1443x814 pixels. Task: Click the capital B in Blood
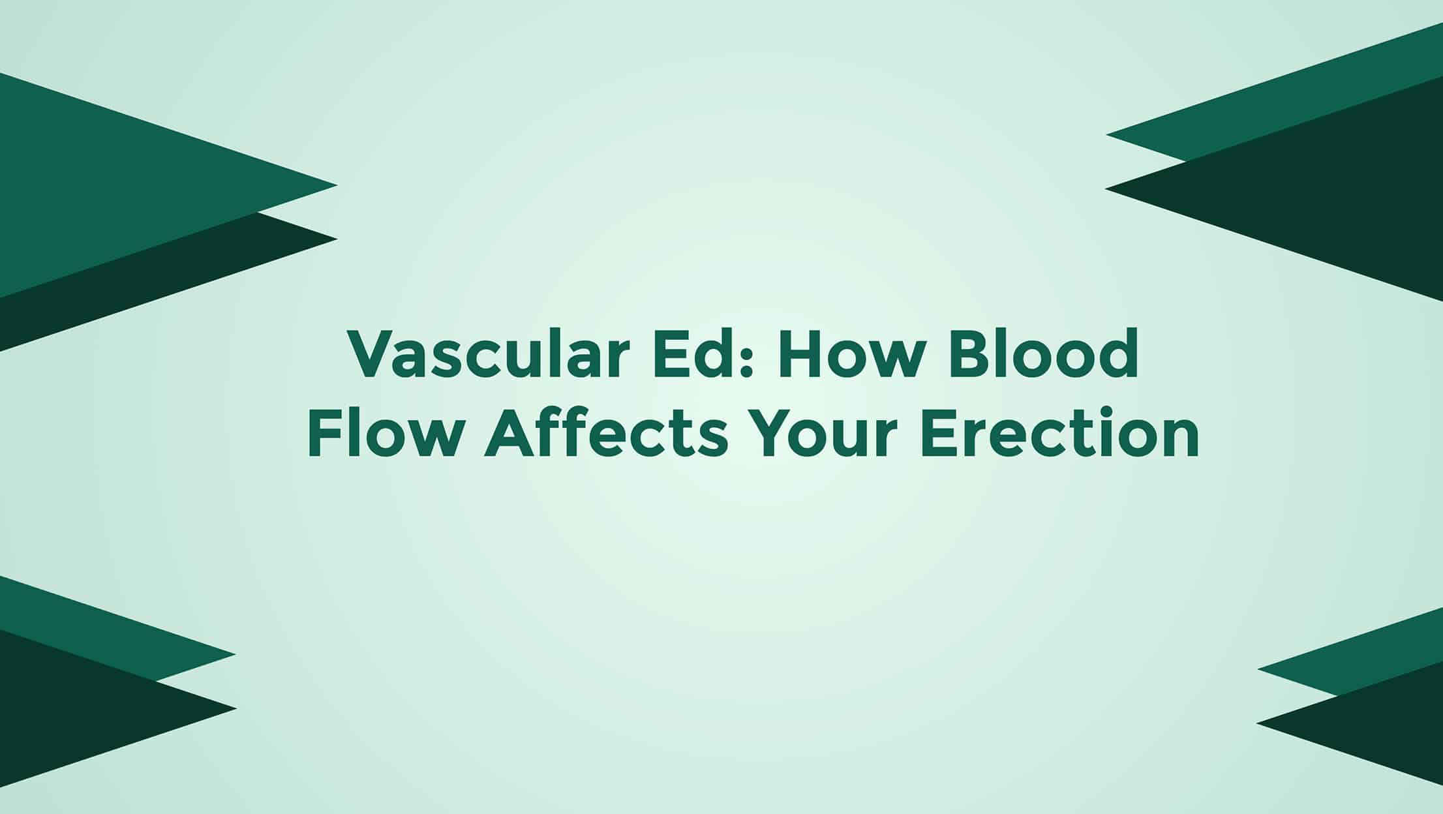coord(962,356)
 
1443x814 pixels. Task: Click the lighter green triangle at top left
coord(111,186)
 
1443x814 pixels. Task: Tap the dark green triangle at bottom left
coord(78,708)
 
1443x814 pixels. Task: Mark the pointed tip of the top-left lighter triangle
coord(337,185)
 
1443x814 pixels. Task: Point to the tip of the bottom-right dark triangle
coord(1257,723)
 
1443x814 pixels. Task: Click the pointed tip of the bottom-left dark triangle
coord(235,708)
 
